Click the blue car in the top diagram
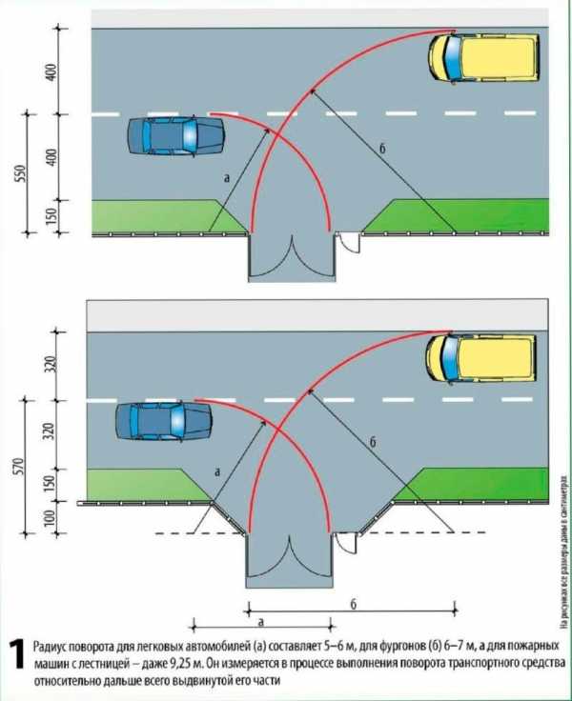pos(175,135)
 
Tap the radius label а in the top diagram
pos(226,177)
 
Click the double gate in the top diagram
pos(289,255)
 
